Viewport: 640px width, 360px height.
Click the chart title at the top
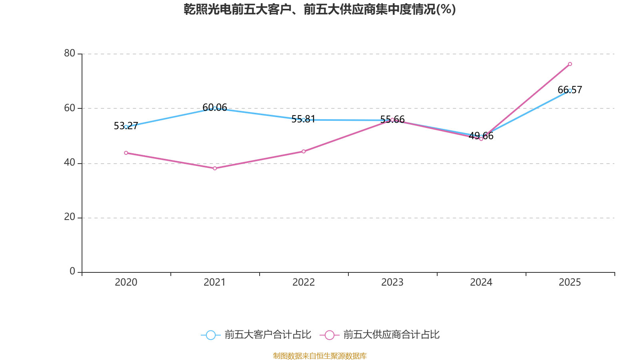coord(320,9)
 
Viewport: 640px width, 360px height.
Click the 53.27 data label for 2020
coord(126,126)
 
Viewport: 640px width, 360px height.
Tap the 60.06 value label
coord(215,108)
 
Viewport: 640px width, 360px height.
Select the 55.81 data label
coord(303,119)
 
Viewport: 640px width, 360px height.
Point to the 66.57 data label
coord(570,90)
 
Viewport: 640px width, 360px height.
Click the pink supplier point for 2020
coord(126,153)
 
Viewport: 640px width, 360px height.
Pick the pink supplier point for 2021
coord(215,168)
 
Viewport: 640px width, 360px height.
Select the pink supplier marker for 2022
coord(304,152)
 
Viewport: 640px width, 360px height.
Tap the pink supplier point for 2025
coord(570,64)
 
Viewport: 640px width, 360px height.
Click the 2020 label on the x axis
coord(126,282)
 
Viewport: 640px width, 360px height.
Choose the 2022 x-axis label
coord(304,282)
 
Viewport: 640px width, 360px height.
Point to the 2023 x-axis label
coord(392,282)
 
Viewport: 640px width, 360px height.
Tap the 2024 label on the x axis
coord(481,282)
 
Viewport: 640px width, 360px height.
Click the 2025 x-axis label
coord(570,282)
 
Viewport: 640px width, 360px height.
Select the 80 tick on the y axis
coord(70,54)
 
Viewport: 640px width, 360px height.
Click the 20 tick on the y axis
coord(70,217)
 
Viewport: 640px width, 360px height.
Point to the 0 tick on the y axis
coord(72,272)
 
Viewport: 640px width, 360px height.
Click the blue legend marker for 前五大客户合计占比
coord(211,335)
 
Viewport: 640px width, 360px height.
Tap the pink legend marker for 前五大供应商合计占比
coord(330,335)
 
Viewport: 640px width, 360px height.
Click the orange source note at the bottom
coord(320,356)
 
